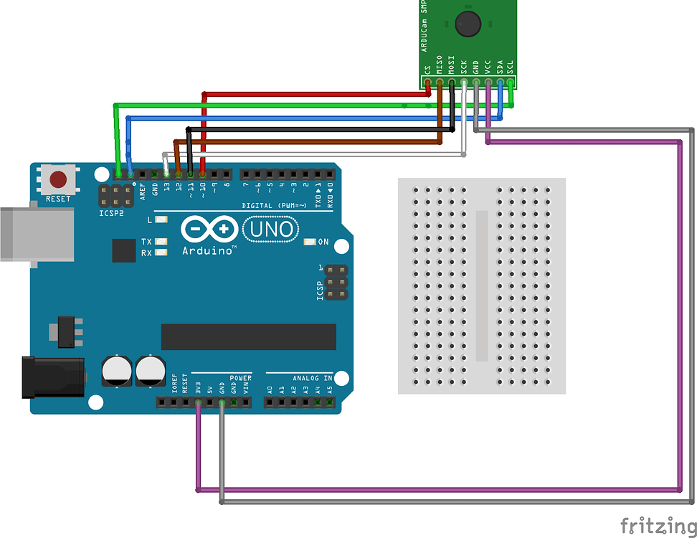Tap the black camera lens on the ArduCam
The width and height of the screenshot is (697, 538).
(467, 24)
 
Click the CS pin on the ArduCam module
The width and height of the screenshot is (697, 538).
(428, 82)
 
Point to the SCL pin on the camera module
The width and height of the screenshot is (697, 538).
(511, 82)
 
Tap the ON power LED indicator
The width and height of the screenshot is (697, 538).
(310, 242)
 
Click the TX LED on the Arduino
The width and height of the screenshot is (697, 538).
(161, 242)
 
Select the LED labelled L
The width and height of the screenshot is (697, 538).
(161, 220)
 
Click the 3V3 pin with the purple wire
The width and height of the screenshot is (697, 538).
(198, 403)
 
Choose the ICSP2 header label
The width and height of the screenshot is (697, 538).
(111, 214)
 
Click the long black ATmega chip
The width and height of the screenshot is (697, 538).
(248, 337)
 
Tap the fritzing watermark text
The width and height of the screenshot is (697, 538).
(657, 526)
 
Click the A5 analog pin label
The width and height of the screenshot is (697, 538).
(330, 390)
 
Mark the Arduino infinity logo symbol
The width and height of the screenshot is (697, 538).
(209, 230)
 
